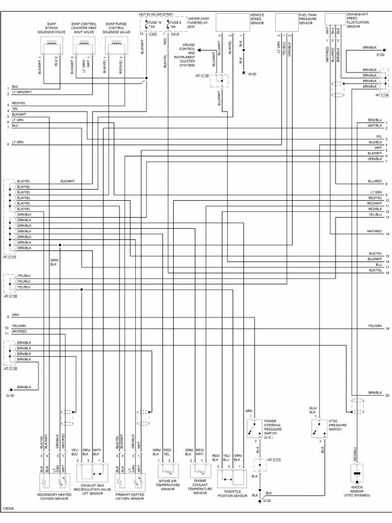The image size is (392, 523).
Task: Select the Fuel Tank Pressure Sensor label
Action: point(308,19)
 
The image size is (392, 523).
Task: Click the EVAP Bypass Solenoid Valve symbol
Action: point(51,46)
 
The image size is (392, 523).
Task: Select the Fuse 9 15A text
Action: point(176,26)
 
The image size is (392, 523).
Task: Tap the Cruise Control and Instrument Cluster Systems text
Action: point(187,55)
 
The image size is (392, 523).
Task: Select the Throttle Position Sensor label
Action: point(232,495)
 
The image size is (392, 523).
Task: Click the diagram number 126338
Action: point(8,509)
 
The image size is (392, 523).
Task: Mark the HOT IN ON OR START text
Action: point(156,14)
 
